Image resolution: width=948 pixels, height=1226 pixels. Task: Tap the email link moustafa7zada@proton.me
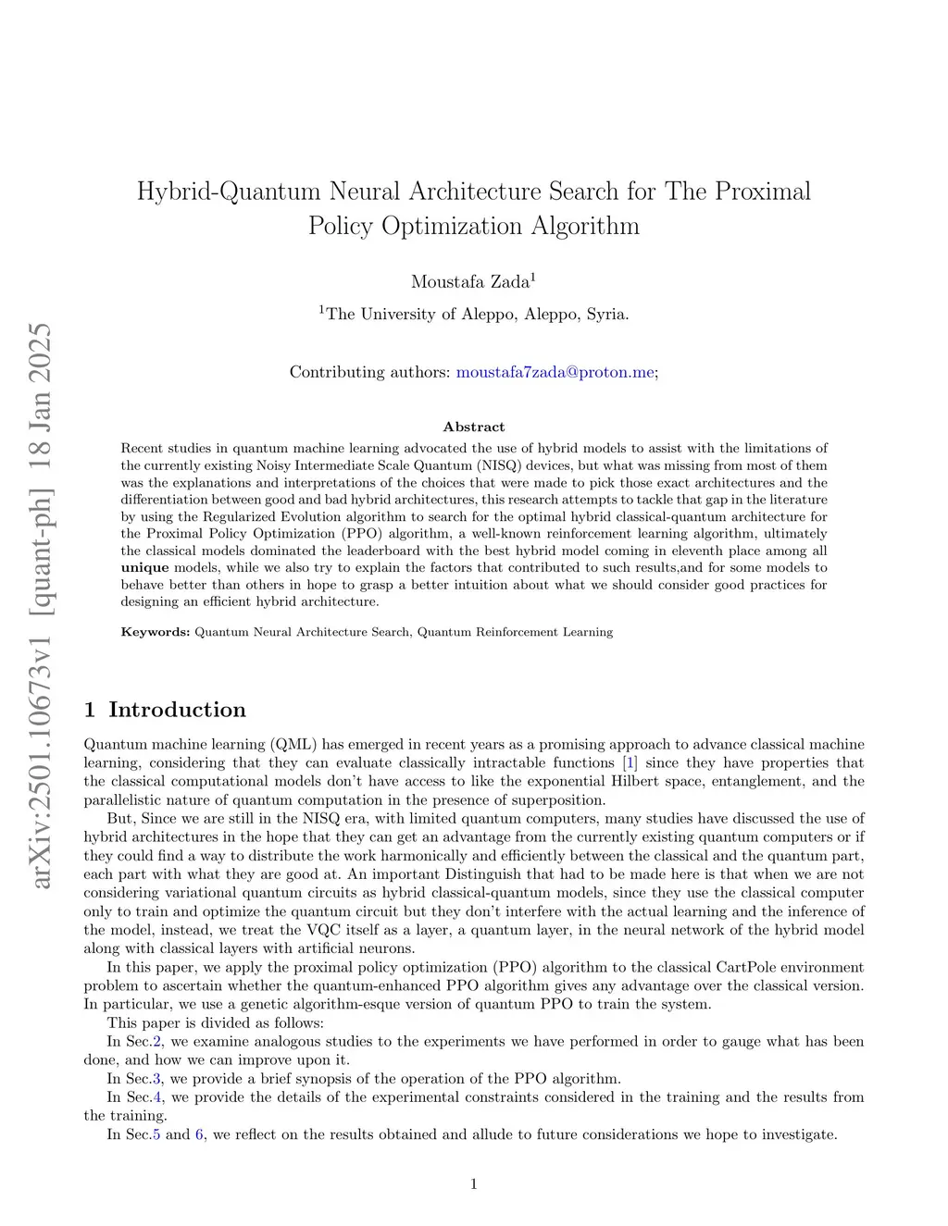[555, 372]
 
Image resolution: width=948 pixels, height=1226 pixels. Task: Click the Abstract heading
[474, 427]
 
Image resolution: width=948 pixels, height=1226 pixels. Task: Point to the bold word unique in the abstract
[144, 567]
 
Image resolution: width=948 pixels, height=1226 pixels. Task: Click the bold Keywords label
[155, 632]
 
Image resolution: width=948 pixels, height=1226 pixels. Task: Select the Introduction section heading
[177, 710]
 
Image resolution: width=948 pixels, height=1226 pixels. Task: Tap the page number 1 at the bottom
[474, 1183]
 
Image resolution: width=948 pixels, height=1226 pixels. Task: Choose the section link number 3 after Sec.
[157, 1078]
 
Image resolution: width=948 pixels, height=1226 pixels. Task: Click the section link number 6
[199, 1133]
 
